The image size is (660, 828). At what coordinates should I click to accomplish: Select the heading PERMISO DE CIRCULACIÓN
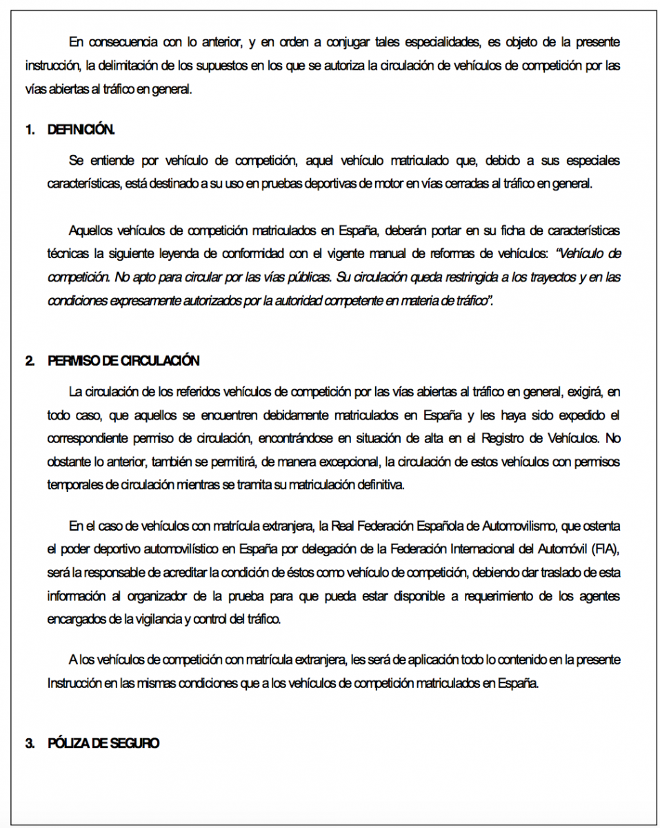(123, 361)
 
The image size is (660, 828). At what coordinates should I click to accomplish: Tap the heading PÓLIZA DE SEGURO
(103, 743)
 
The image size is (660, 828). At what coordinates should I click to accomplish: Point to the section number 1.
(30, 130)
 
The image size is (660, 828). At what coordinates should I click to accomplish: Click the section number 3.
(30, 743)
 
